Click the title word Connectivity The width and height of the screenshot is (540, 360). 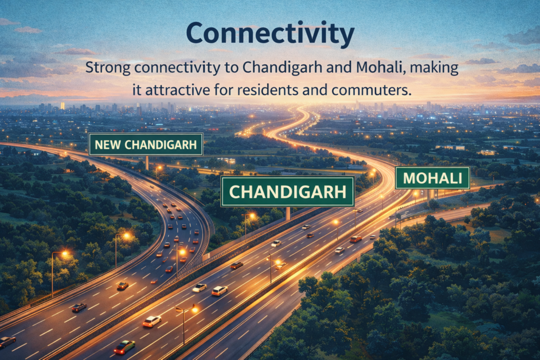pos(270,34)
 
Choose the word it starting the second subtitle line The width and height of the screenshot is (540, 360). pos(136,90)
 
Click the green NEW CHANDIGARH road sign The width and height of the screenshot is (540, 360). pos(146,144)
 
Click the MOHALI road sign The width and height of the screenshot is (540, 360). pos(432,178)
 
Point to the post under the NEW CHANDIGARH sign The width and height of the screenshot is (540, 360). pos(147,163)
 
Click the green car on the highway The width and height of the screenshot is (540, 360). pos(124,346)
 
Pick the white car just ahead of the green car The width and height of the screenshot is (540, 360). pos(152,320)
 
